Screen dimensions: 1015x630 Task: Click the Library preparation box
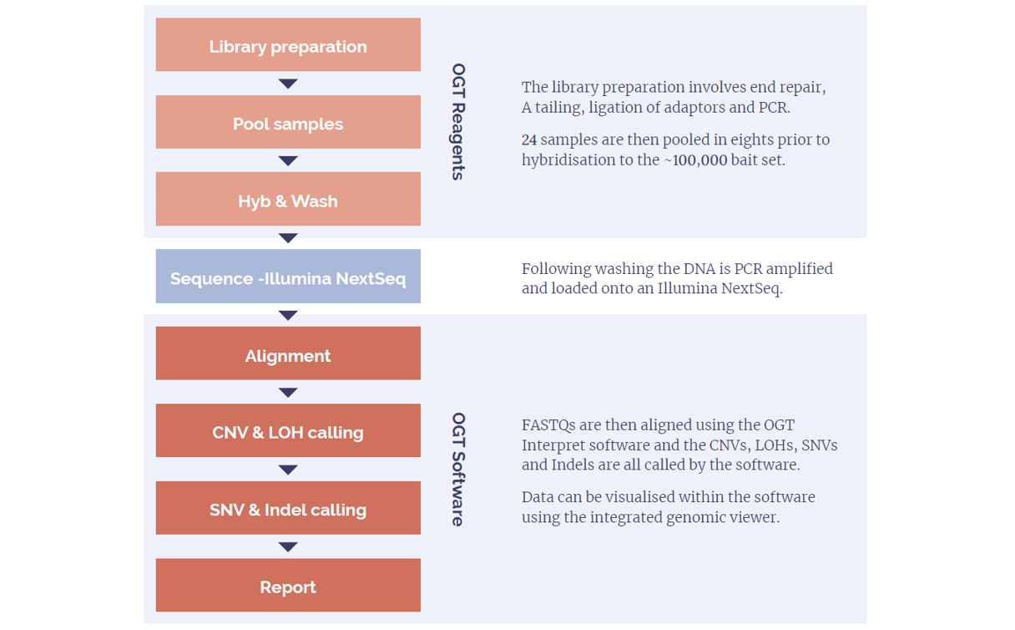[x=288, y=44]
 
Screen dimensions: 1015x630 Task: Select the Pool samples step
[x=288, y=122]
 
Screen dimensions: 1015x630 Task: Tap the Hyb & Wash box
[x=288, y=199]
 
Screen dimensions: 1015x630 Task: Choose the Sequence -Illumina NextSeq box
[x=288, y=277]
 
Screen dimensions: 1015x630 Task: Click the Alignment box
[x=288, y=353]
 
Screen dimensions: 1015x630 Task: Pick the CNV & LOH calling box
[x=288, y=430]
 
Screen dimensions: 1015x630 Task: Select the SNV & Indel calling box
[x=288, y=508]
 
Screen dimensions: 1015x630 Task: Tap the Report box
[x=288, y=585]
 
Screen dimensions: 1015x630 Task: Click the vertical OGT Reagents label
[x=458, y=121]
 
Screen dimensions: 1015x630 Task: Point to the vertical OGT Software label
[x=458, y=470]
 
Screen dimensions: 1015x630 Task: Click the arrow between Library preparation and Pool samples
[x=288, y=84]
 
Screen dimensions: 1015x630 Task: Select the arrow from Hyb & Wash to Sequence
[x=288, y=238]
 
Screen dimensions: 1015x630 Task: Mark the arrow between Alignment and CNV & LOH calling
[x=288, y=393]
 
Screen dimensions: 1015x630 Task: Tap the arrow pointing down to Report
[x=288, y=547]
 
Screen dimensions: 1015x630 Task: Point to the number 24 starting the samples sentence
[x=529, y=140]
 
